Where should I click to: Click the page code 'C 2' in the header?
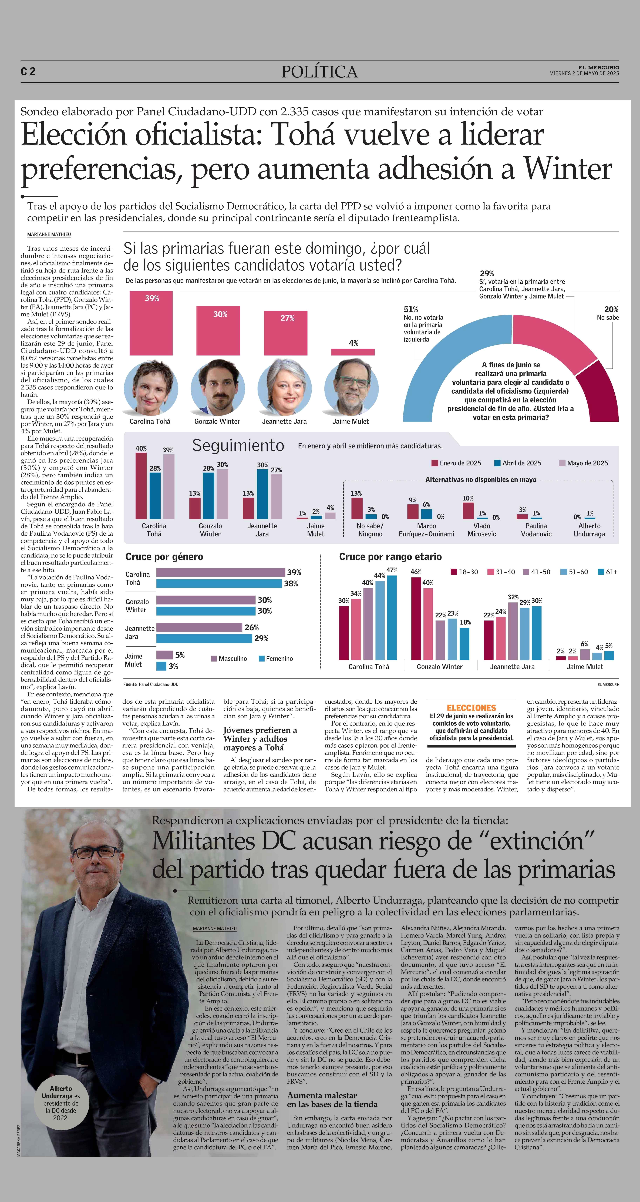[x=28, y=71]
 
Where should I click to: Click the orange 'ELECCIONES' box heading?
[x=471, y=707]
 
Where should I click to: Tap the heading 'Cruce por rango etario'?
[x=390, y=557]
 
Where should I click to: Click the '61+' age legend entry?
[x=607, y=572]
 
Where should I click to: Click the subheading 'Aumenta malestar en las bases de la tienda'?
[x=332, y=1100]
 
